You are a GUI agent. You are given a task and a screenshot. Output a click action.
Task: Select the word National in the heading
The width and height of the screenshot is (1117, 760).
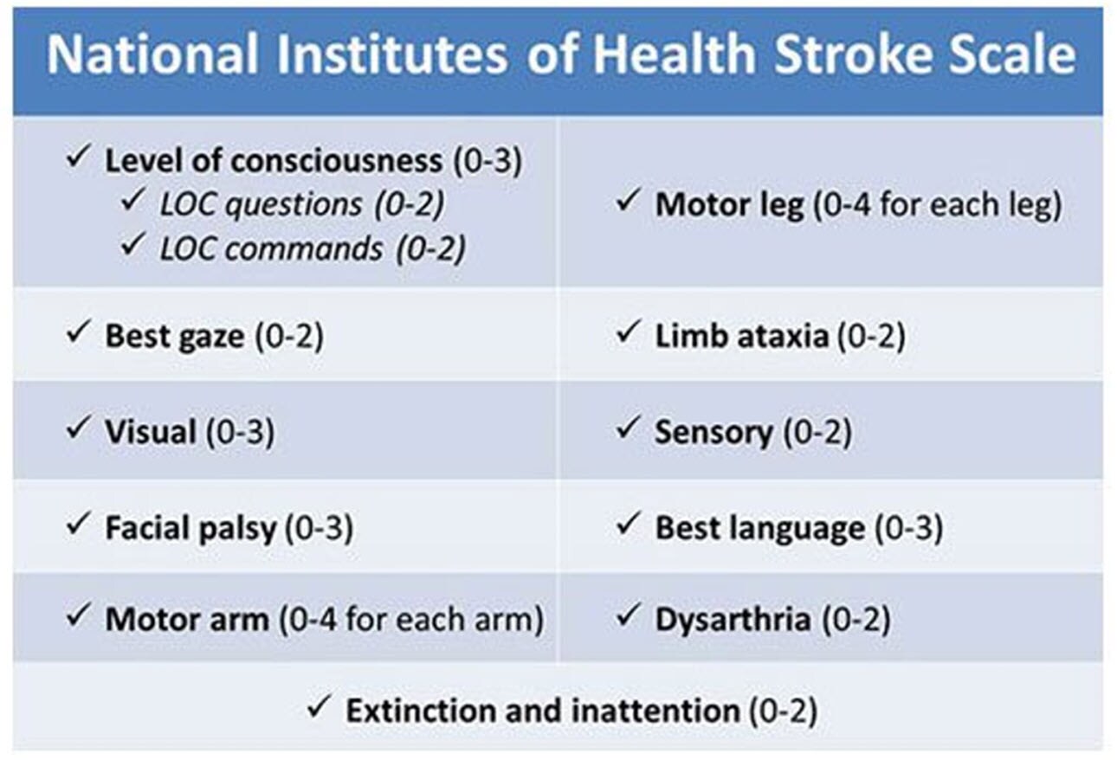(x=152, y=55)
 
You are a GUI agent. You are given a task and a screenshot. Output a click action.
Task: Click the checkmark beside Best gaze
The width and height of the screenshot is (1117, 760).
(x=77, y=334)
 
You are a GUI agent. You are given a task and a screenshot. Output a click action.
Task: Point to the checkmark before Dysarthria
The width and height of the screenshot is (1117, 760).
(x=626, y=618)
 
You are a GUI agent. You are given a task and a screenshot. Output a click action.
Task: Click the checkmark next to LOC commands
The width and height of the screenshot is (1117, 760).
(x=132, y=247)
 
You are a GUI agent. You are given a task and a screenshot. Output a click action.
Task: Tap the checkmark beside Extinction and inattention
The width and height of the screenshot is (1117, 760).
(x=318, y=709)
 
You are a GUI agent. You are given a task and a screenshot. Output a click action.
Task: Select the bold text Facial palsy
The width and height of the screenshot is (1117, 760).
(x=190, y=527)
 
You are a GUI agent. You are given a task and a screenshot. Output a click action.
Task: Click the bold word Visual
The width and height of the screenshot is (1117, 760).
(x=151, y=431)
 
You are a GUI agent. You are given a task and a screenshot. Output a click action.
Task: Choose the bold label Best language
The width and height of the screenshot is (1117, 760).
(x=759, y=527)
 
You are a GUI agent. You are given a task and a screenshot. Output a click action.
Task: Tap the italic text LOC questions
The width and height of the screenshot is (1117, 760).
(x=261, y=203)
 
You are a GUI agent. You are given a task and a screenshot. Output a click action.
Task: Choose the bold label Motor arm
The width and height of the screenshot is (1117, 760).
(x=186, y=620)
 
